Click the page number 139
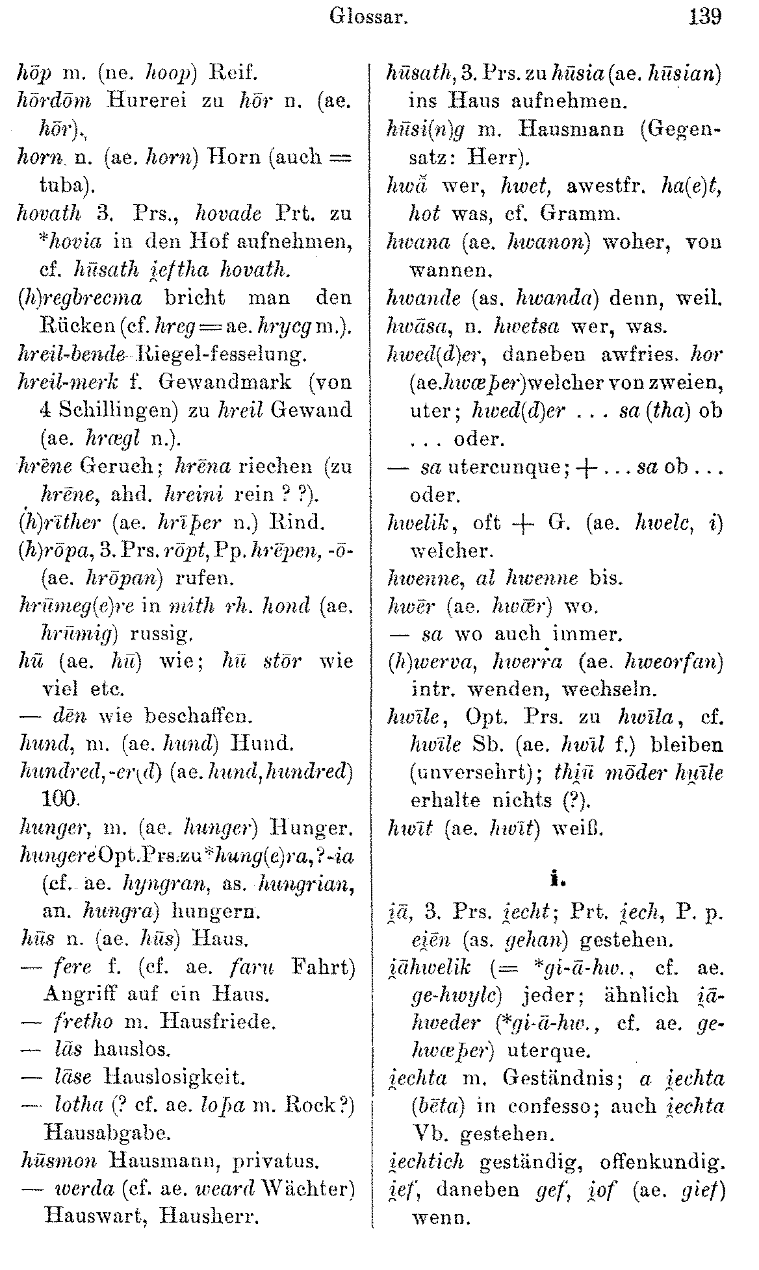click(x=705, y=16)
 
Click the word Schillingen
click(x=125, y=410)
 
